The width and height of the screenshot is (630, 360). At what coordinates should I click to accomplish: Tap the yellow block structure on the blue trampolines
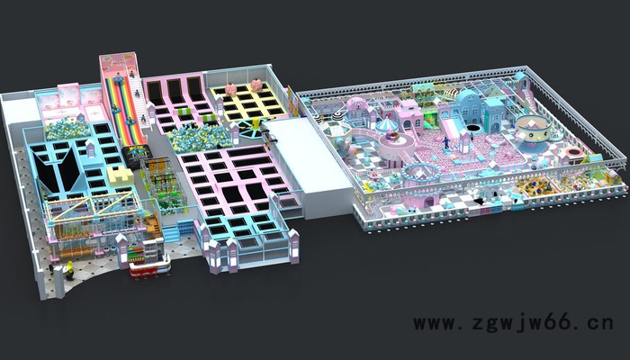[120, 175]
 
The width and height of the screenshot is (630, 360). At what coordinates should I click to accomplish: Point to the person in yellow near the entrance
[69, 270]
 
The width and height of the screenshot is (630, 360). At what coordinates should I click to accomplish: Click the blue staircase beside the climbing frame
[172, 234]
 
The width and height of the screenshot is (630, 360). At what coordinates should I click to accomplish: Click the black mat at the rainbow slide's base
[137, 156]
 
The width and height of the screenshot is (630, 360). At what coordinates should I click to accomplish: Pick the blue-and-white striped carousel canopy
[386, 126]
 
